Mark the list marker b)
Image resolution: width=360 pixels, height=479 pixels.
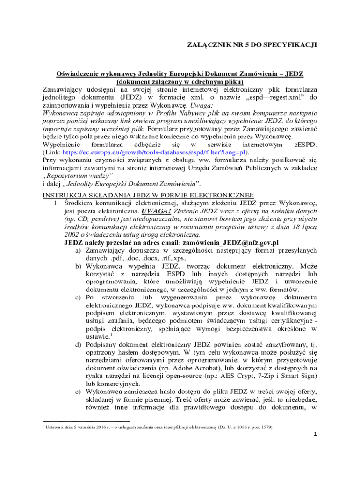[79, 266]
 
